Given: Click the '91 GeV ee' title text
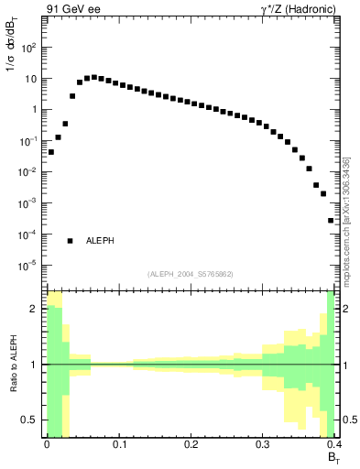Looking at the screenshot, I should pyautogui.click(x=71, y=11).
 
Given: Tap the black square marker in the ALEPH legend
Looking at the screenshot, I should pyautogui.click(x=71, y=241).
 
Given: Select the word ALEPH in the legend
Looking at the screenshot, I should pyautogui.click(x=100, y=241).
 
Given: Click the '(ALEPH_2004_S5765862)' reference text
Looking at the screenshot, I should pyautogui.click(x=190, y=274).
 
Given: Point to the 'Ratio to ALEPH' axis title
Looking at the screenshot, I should pyautogui.click(x=13, y=365).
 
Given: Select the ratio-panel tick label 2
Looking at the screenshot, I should pyautogui.click(x=37, y=309).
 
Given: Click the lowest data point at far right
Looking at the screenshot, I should pyautogui.click(x=331, y=220).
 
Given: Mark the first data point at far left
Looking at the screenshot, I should pyautogui.click(x=50, y=152).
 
